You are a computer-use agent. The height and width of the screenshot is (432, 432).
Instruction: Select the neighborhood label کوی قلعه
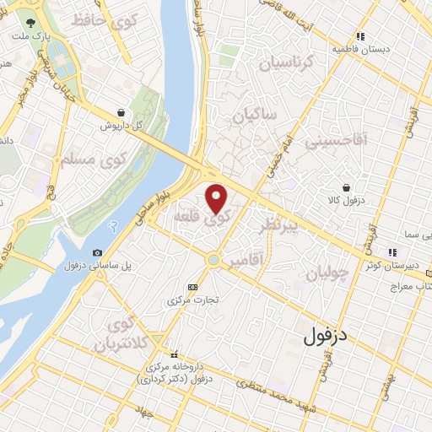point(196,216)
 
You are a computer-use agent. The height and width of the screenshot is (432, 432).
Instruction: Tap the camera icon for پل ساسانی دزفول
point(97,252)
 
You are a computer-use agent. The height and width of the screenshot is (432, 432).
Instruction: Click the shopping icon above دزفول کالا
point(346,186)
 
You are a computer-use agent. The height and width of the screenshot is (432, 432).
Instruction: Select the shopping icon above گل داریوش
point(121,111)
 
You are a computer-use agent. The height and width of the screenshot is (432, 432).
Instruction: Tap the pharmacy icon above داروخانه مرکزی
point(174,354)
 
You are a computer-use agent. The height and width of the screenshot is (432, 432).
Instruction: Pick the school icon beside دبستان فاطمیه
point(360,35)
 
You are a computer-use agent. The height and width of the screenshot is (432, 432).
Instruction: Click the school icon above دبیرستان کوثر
point(391,252)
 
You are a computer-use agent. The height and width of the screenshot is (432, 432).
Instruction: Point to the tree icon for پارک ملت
point(31,24)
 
